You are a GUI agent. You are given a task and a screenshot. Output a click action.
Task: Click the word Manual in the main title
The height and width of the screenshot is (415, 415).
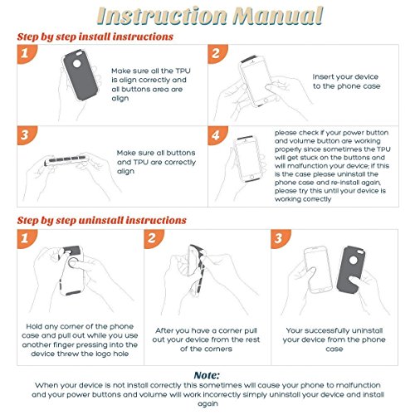pos(278,16)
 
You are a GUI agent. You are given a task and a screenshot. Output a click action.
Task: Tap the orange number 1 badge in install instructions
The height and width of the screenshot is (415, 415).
pos(27,53)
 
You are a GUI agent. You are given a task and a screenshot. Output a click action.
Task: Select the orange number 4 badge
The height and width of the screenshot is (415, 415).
pos(217,135)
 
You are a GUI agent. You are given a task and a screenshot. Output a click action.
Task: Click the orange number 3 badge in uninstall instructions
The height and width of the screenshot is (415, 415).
pos(281,238)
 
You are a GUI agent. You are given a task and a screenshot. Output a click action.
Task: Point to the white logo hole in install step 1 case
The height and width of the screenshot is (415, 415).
pos(76,63)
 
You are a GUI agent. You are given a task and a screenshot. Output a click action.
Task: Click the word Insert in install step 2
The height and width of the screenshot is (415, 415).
pos(322,76)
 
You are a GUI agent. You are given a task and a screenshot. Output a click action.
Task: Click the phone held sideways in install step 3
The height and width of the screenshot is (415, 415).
pos(66,160)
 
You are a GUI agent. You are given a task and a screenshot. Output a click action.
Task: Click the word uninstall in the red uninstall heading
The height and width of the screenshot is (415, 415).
pos(101,221)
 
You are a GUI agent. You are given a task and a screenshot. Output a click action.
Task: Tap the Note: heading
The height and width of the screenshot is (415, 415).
pos(207,375)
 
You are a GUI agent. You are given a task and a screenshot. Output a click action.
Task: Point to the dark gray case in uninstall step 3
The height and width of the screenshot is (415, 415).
pos(350,269)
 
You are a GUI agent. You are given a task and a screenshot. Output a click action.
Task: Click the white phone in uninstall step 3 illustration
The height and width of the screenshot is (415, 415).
pos(318,269)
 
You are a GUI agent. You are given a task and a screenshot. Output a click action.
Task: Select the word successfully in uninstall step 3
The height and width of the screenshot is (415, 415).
pos(322,330)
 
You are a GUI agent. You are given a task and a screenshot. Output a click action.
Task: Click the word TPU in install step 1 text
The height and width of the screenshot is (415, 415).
pos(183,71)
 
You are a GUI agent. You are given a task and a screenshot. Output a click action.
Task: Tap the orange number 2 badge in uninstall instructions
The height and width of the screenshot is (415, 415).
pos(154,238)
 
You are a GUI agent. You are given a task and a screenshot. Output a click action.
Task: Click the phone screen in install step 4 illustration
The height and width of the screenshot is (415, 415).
pos(248,159)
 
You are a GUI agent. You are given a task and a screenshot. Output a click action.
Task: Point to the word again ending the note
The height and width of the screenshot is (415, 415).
pos(207,403)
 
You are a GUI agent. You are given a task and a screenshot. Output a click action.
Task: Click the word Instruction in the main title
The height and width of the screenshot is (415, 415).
pos(163,16)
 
